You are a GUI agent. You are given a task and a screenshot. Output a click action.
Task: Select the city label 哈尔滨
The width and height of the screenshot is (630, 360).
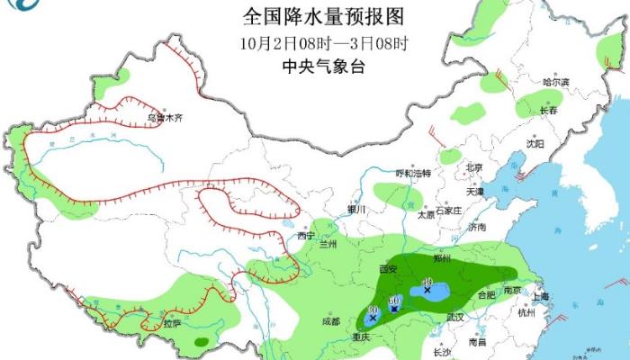point(556,82)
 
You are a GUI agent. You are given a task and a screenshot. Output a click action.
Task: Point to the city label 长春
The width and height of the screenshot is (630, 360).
point(548,111)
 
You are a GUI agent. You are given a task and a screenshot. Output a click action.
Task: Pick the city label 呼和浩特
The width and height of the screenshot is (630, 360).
point(414,173)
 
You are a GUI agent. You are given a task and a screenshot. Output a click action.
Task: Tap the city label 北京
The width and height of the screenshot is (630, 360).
point(474,167)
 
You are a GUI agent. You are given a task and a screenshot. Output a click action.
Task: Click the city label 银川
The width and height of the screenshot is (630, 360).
point(357,210)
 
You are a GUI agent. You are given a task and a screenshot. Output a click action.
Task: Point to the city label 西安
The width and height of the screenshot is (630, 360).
point(389,269)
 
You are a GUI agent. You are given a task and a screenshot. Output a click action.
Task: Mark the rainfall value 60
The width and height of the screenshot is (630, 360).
point(393,300)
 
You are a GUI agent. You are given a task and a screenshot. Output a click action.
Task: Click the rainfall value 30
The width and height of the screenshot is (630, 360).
point(372,310)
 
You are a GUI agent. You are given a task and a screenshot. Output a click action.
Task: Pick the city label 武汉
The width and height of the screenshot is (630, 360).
point(454,317)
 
